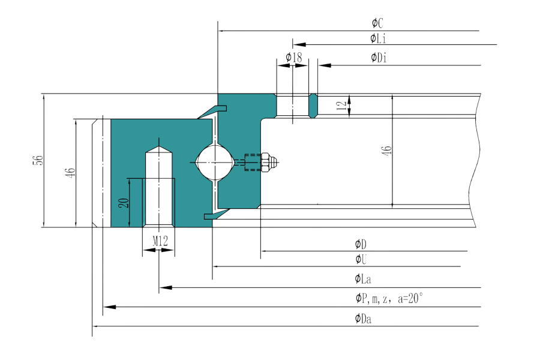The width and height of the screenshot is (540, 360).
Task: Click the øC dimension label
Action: (x=377, y=23)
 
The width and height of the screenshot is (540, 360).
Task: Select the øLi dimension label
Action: (x=378, y=39)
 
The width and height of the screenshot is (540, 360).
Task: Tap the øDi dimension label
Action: (x=379, y=58)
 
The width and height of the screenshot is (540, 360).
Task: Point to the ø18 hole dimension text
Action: (x=293, y=57)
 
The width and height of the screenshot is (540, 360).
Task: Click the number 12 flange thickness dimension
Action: (x=341, y=106)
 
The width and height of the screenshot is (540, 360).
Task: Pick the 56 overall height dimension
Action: (x=38, y=160)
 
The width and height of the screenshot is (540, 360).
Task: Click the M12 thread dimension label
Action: (x=160, y=241)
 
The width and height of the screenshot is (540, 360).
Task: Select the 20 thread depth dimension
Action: (x=124, y=202)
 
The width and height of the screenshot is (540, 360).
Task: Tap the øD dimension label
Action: (x=361, y=244)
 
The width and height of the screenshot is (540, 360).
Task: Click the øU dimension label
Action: (x=361, y=259)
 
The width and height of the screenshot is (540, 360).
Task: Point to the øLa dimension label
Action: (x=362, y=280)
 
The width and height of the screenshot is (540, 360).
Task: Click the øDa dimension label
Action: (x=363, y=319)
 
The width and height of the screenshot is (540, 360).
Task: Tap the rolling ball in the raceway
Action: (x=214, y=161)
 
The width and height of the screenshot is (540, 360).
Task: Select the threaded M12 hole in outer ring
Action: (x=159, y=186)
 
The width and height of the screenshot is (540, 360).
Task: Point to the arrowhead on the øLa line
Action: (x=167, y=287)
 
